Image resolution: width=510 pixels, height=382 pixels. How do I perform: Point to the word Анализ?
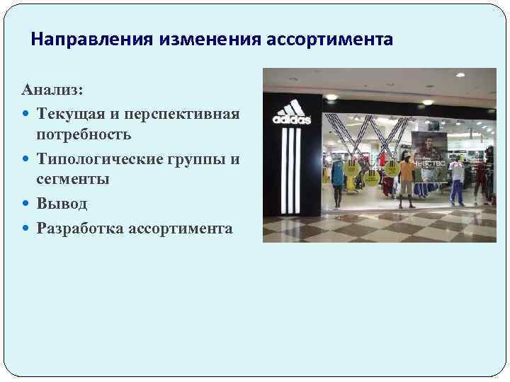tap(52, 91)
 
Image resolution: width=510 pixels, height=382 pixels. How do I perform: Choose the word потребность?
tap(84, 134)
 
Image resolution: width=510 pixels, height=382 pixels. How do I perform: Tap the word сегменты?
tap(73, 180)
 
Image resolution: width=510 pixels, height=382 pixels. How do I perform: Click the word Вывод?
tap(62, 204)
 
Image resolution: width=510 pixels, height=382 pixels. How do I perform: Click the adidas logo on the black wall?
tap(292, 112)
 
